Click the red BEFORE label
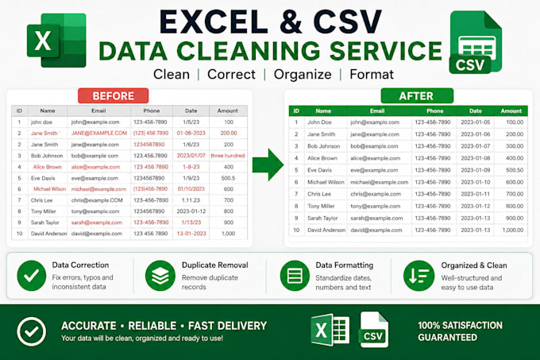coord(114,96)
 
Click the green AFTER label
coord(417,96)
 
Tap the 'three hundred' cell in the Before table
coord(228,156)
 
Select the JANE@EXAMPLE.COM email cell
coord(99,133)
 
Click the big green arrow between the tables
coord(268,165)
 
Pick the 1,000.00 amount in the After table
coord(513,230)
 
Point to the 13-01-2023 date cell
coord(191,234)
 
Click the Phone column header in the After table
coord(434,111)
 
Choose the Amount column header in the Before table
coord(228,110)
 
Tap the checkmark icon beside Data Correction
coord(31,276)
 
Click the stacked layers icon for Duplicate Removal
coord(160,276)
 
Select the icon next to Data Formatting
coord(295,276)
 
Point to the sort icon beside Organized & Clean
coord(418,276)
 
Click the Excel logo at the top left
coord(56,41)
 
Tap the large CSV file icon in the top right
coord(476,42)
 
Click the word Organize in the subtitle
coord(303,75)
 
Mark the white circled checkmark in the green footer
coord(31,331)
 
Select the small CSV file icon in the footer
coord(374,330)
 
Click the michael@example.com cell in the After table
coord(379,182)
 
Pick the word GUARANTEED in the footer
coord(447,337)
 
